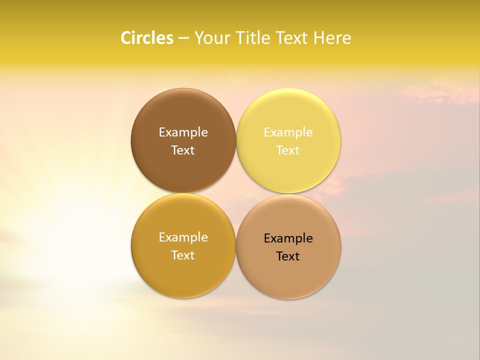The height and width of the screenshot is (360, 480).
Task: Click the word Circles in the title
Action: [147, 38]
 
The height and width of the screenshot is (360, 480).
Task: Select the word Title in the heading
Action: [252, 38]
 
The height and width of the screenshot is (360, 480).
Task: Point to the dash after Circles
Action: [183, 38]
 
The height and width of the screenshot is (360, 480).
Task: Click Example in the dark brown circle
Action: [183, 132]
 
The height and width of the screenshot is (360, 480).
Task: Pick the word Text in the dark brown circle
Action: [183, 150]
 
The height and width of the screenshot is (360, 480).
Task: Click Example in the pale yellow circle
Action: [288, 132]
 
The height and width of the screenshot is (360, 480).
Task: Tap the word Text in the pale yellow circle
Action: [288, 150]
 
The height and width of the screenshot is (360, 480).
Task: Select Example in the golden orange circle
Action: [183, 237]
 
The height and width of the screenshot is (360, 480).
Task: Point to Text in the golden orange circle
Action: [183, 255]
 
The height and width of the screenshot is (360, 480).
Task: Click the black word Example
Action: [288, 238]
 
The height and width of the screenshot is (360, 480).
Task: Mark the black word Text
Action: [288, 256]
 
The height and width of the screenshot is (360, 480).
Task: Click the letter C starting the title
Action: [126, 38]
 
